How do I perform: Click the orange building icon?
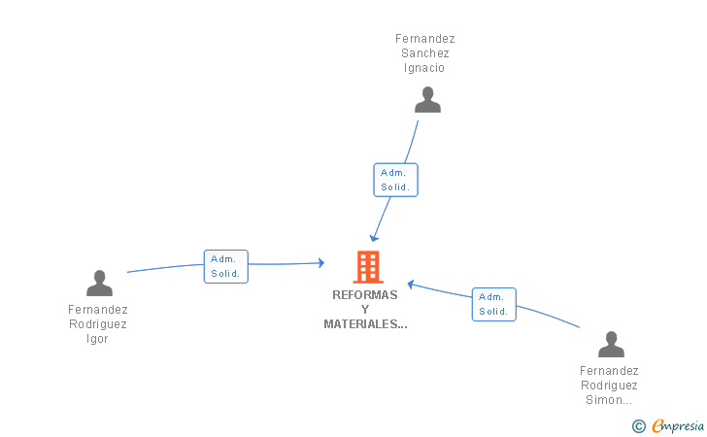(367, 266)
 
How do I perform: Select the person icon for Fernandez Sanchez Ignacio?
(427, 99)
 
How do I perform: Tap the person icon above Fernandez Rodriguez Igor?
(99, 283)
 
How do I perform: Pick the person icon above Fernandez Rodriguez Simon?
(611, 344)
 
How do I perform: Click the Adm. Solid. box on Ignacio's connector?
(395, 180)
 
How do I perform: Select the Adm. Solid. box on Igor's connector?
(225, 266)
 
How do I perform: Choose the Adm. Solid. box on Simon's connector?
(493, 304)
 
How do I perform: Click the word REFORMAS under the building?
(365, 294)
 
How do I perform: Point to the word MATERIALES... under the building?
(365, 324)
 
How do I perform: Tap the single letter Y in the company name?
(365, 309)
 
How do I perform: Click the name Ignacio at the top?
(425, 68)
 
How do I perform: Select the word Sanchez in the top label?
(425, 53)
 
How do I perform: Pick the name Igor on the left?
(97, 339)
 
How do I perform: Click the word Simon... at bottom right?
(609, 399)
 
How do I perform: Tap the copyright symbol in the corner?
(638, 425)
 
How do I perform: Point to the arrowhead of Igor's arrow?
(320, 262)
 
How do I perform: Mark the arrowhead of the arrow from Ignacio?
(374, 238)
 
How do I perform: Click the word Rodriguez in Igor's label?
(97, 324)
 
